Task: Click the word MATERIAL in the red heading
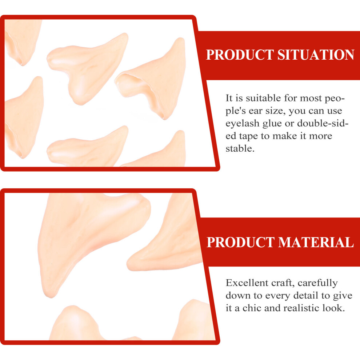316,242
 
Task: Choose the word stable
240,149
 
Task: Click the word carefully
317,283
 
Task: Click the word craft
283,283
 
